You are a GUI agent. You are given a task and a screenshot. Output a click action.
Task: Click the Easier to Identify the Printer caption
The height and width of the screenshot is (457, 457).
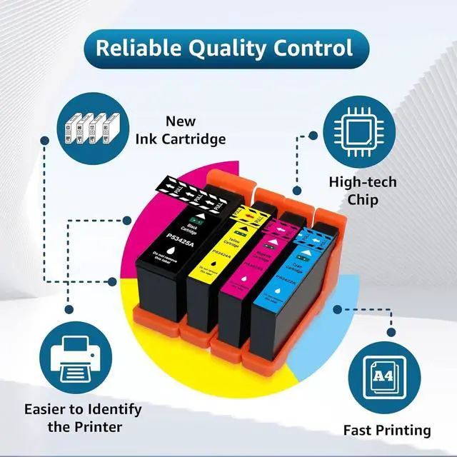coord(83,418)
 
